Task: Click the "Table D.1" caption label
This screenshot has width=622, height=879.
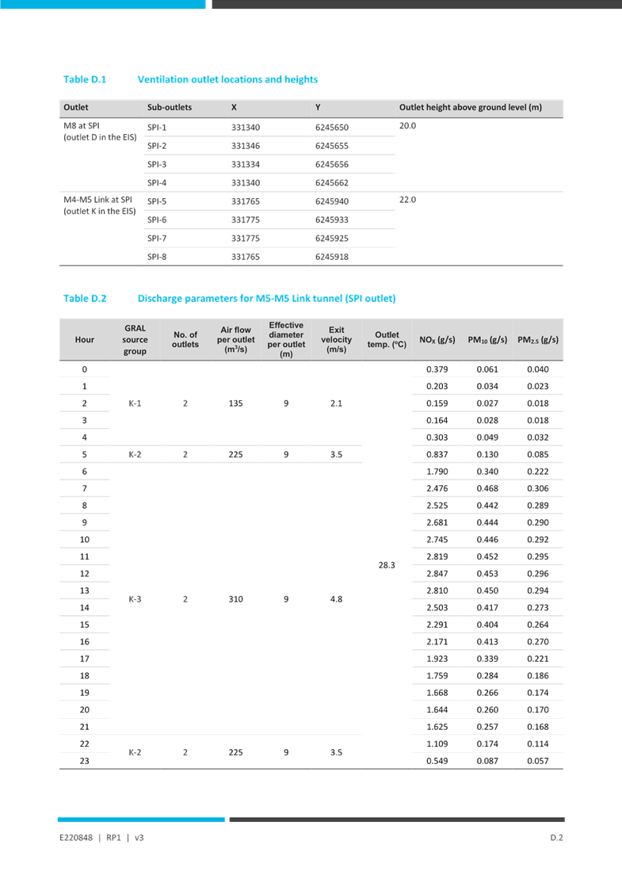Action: tap(85, 79)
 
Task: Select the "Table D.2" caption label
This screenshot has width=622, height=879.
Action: tap(85, 299)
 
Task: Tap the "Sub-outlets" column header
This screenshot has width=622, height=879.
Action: tap(170, 108)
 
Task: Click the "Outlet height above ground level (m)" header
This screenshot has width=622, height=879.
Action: tap(471, 108)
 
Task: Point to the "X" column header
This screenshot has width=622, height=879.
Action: tap(235, 108)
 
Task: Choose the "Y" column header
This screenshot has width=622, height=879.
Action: tap(318, 108)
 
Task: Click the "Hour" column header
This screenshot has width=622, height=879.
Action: tap(85, 340)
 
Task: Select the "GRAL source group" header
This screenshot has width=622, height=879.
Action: tap(135, 340)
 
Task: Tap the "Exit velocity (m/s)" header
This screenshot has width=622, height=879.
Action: tap(337, 340)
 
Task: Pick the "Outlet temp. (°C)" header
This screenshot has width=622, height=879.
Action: tap(387, 340)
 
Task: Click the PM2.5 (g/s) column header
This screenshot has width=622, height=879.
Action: tap(538, 340)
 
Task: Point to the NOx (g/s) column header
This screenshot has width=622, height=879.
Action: tap(437, 340)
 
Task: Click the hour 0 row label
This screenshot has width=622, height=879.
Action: tap(85, 369)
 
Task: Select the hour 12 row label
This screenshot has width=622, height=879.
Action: tap(85, 573)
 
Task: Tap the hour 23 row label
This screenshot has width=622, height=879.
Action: tap(85, 761)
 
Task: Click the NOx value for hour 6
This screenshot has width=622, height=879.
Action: tap(437, 472)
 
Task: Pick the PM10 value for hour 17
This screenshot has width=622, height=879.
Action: tap(487, 659)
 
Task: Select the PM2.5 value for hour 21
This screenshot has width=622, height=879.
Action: tap(538, 727)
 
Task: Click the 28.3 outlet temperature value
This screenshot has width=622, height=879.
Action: tap(387, 565)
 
